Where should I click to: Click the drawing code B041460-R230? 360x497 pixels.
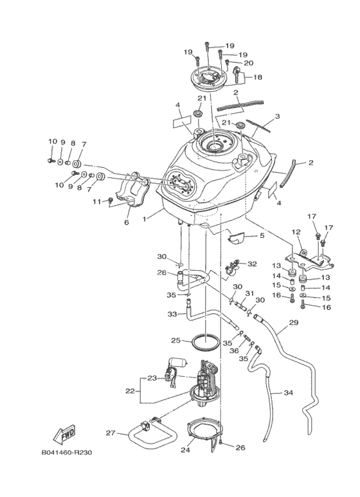pos(67,452)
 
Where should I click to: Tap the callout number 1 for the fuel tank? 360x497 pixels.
pos(145,219)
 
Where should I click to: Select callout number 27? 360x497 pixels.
pos(111,433)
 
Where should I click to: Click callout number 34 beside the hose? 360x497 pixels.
pos(289,393)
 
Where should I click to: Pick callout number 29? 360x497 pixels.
pos(294,323)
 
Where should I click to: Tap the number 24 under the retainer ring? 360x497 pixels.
pos(185,449)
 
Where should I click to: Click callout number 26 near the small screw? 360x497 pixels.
pos(240,447)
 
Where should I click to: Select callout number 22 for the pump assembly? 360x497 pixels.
pos(130,391)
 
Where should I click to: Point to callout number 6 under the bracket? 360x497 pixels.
pos(127,222)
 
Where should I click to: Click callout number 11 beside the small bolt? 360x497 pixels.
pos(97,201)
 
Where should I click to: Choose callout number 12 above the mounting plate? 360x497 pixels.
pos(296,232)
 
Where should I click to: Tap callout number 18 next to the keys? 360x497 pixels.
pos(258,77)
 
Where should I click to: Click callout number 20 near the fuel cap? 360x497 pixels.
pos(248,63)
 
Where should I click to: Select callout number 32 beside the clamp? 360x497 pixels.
pos(252,264)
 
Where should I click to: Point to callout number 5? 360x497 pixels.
pos(262,235)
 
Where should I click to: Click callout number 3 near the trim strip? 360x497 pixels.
pos(278,116)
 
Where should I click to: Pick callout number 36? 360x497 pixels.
pos(234,351)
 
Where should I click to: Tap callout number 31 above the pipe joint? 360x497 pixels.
pos(249,294)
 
